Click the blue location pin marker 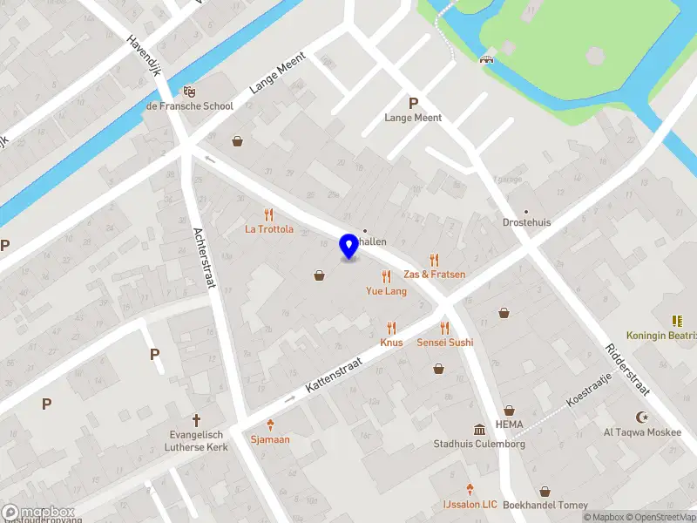click(x=348, y=247)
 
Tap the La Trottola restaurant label click(x=268, y=229)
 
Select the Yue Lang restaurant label click(x=386, y=291)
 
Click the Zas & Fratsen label click(x=434, y=274)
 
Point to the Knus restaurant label click(x=391, y=343)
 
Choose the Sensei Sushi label click(x=444, y=343)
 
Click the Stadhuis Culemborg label click(x=479, y=444)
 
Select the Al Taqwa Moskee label click(x=643, y=431)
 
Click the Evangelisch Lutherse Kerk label click(x=196, y=440)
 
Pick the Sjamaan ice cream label click(x=270, y=438)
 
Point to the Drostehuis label click(x=526, y=222)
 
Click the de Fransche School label click(x=189, y=105)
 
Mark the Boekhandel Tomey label click(x=545, y=505)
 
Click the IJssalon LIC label click(x=469, y=505)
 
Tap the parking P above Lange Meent click(x=413, y=102)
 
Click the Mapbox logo click(x=38, y=513)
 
